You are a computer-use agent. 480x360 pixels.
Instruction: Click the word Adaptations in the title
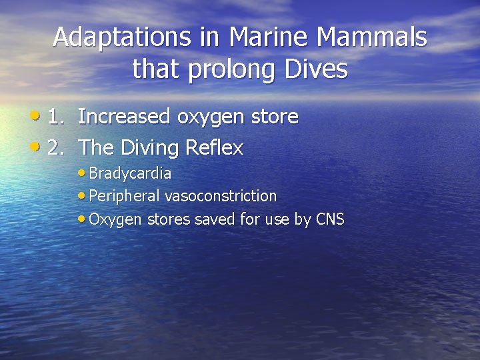(123, 37)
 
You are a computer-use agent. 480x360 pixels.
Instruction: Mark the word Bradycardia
(130, 174)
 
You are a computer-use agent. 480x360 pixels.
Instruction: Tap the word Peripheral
(124, 197)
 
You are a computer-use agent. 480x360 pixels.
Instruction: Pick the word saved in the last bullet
(211, 219)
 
